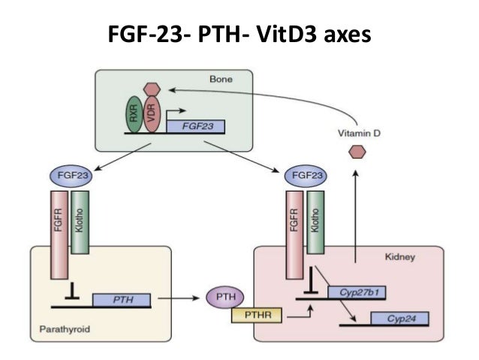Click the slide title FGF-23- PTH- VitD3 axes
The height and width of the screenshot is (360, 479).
point(239,35)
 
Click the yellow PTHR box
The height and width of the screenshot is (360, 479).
point(258,316)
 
